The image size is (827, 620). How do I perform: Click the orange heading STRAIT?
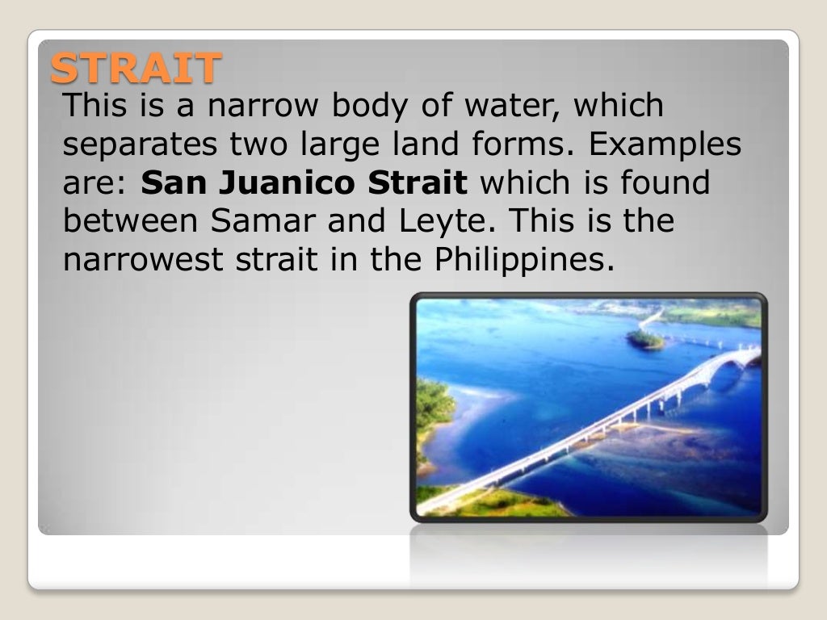tap(135, 68)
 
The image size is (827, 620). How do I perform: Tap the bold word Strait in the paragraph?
tap(418, 183)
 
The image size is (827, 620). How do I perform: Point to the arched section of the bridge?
tap(730, 359)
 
